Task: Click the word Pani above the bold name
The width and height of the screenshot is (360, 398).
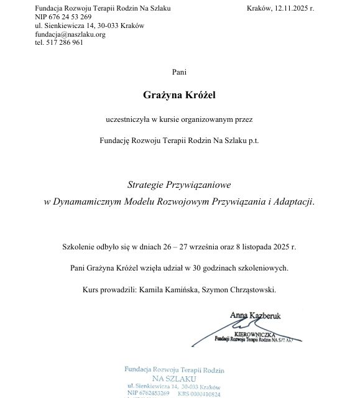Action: (180, 73)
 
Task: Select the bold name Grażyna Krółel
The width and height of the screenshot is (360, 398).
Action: (180, 95)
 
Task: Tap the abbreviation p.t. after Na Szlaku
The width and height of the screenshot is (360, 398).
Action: (253, 140)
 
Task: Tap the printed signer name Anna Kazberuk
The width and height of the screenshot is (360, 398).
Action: (255, 316)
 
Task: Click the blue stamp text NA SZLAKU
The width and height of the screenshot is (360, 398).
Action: (175, 378)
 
